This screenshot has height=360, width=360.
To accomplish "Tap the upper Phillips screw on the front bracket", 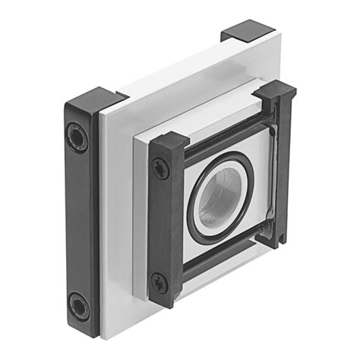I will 161,168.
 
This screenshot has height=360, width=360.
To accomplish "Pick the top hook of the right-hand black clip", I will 275,91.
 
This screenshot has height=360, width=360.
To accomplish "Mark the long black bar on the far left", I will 79,220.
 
